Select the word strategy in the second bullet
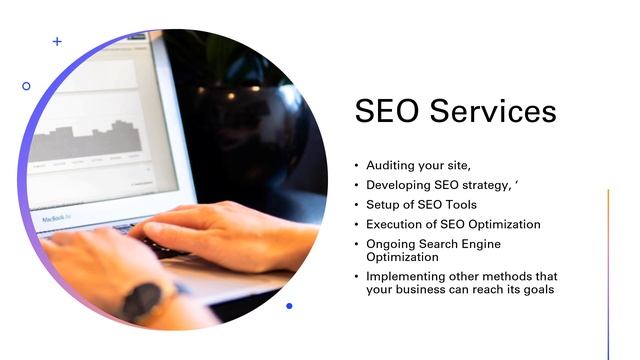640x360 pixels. click(x=483, y=185)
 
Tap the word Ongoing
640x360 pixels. click(x=391, y=244)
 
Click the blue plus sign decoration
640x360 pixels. click(x=57, y=42)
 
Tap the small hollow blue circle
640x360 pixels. click(x=26, y=86)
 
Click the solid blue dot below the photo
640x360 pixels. click(x=289, y=306)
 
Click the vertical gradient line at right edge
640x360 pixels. click(x=608, y=270)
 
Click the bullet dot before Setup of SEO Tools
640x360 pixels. click(x=357, y=205)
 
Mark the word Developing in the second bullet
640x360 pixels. click(x=398, y=185)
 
